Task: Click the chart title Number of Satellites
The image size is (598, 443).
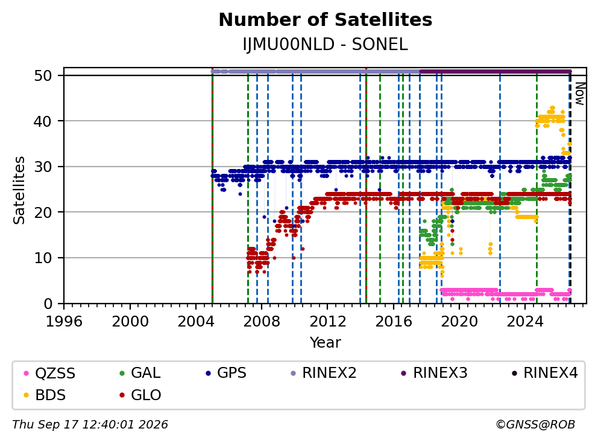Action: [x=326, y=20]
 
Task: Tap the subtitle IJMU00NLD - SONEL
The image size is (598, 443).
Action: [x=326, y=45]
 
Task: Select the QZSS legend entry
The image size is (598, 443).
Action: [x=49, y=373]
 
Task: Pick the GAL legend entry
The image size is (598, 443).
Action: [x=140, y=373]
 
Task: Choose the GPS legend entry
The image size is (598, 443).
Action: [x=226, y=373]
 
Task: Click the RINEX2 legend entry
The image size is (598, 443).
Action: [x=323, y=373]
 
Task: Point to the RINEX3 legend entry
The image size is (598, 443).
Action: [x=435, y=373]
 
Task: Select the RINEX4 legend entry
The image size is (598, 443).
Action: [x=545, y=373]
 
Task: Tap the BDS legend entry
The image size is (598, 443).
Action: [x=45, y=395]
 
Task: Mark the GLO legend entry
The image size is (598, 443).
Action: [x=140, y=395]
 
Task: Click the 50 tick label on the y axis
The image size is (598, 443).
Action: [x=43, y=75]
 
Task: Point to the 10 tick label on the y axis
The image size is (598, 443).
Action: [x=43, y=258]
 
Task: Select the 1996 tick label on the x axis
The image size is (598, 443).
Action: [x=64, y=322]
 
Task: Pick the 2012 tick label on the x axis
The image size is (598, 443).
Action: [x=327, y=322]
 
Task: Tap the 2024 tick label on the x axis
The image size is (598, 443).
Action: [x=525, y=322]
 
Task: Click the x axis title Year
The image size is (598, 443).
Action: [x=326, y=343]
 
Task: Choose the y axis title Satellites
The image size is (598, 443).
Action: [x=19, y=190]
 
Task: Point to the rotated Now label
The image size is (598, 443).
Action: [x=580, y=94]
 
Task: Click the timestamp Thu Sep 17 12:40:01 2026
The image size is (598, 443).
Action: [x=90, y=425]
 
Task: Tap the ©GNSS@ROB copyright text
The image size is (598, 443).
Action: [x=535, y=425]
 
